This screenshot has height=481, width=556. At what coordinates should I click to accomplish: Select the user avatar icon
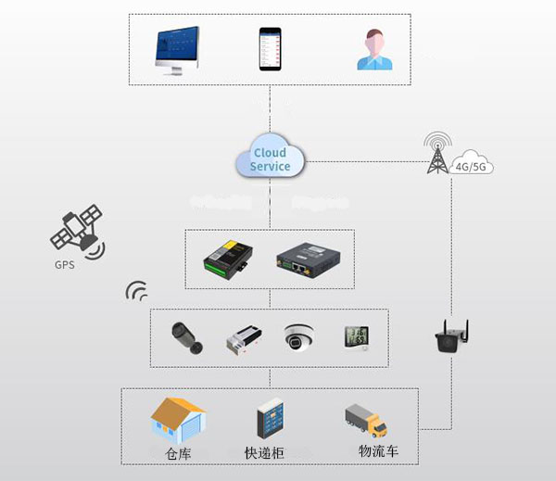(374, 50)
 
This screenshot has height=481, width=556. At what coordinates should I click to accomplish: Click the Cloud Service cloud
(270, 158)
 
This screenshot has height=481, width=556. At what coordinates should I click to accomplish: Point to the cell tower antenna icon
(437, 154)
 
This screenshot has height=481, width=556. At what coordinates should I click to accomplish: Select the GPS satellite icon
(76, 233)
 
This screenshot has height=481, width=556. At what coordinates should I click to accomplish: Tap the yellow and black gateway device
(229, 259)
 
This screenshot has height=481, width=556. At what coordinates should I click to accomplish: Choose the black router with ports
(310, 259)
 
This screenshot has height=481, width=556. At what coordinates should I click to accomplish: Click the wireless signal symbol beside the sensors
(136, 293)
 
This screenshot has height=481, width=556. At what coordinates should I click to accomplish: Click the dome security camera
(298, 336)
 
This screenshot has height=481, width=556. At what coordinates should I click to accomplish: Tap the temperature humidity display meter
(357, 336)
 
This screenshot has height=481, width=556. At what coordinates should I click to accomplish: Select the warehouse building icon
(178, 420)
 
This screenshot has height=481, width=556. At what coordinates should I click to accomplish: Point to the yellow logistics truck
(366, 421)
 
